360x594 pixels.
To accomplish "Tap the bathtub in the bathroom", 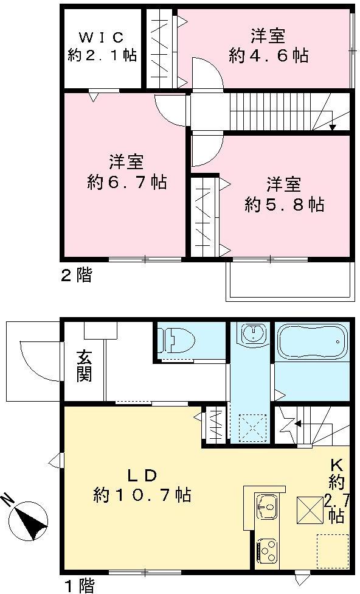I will point(311,344).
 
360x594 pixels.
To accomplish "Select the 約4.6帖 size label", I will point(268,56).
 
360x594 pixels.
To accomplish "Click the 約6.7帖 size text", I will point(126,181).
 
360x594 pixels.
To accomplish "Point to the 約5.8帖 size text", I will point(284,204).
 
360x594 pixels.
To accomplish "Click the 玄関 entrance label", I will point(84,366).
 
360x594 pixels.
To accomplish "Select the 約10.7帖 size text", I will point(142,495).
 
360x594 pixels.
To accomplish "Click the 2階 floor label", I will point(76,275).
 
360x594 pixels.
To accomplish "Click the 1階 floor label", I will point(79,586).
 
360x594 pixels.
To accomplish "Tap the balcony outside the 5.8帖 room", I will point(291,281).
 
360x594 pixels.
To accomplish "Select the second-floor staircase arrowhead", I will point(332,127).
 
